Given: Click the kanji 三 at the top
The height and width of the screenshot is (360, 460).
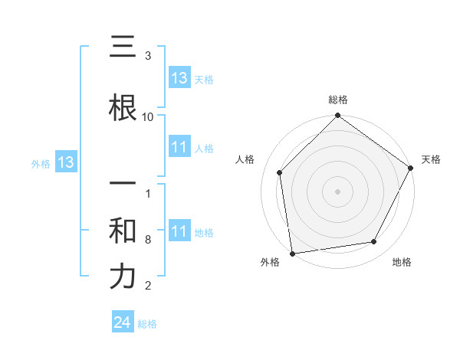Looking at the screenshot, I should pos(123,47).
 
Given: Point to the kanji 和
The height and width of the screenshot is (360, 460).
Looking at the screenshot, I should pos(123,231).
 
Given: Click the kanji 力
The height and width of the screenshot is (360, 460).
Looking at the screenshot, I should pos(123,277).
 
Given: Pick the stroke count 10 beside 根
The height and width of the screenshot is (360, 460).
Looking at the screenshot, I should pos(148,116).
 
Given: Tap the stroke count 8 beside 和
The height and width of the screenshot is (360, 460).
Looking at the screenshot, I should pos(148,240).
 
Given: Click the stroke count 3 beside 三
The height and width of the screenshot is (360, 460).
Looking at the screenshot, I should pos(148,56).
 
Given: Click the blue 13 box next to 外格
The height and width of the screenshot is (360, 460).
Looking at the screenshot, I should pos(64,162).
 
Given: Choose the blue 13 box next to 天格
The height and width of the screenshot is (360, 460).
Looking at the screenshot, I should pos(179,78).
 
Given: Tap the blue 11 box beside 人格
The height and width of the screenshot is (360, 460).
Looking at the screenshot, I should pos(179,147).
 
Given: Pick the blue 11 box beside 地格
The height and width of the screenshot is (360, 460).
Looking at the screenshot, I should pos(179,231).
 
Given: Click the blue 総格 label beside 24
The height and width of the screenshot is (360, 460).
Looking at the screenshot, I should pos(147,324).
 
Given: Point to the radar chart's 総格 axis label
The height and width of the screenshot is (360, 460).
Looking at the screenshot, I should pos(337,100).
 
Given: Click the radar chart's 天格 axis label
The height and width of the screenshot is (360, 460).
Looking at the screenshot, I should pos(431,159).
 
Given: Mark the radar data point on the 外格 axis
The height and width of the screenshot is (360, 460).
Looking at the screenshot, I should pos(292,253).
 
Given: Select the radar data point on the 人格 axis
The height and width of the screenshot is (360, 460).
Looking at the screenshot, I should pos(280,172).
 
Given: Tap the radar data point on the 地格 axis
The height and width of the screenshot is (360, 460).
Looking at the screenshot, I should pos(374,241).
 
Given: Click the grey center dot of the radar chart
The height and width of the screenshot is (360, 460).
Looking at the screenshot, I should pos(337,191).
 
